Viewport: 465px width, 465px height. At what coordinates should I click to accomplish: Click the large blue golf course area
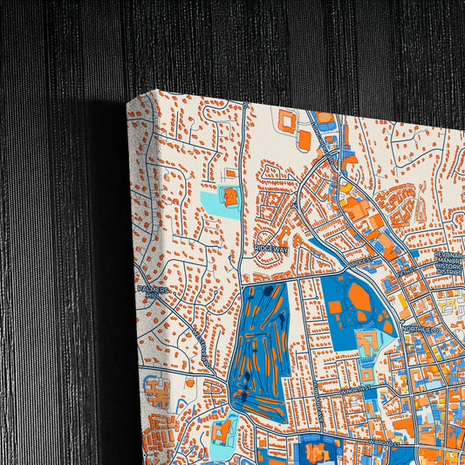coord(260,349)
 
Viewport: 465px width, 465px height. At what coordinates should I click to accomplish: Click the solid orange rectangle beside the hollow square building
coord(304,140)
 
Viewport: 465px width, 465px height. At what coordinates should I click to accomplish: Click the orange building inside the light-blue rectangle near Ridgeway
coord(230,196)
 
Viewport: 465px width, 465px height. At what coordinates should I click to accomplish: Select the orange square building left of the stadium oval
coord(336,307)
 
